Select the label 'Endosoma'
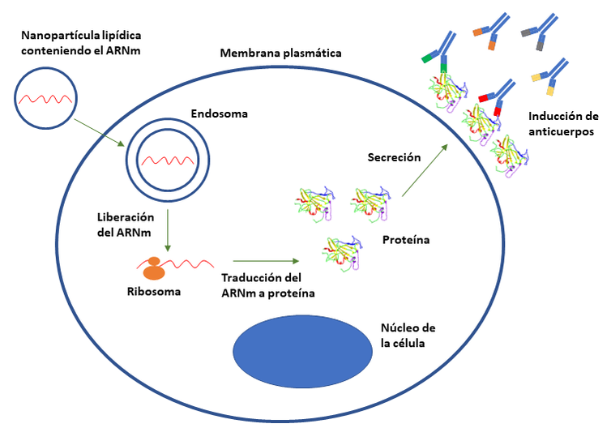(x=219, y=114)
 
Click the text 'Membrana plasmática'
(x=280, y=53)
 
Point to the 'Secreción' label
(x=394, y=157)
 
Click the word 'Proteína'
(x=405, y=240)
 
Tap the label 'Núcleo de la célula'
(x=408, y=335)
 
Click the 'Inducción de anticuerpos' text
(x=562, y=122)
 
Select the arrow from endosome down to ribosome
(x=166, y=230)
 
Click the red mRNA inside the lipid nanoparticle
(x=48, y=99)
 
